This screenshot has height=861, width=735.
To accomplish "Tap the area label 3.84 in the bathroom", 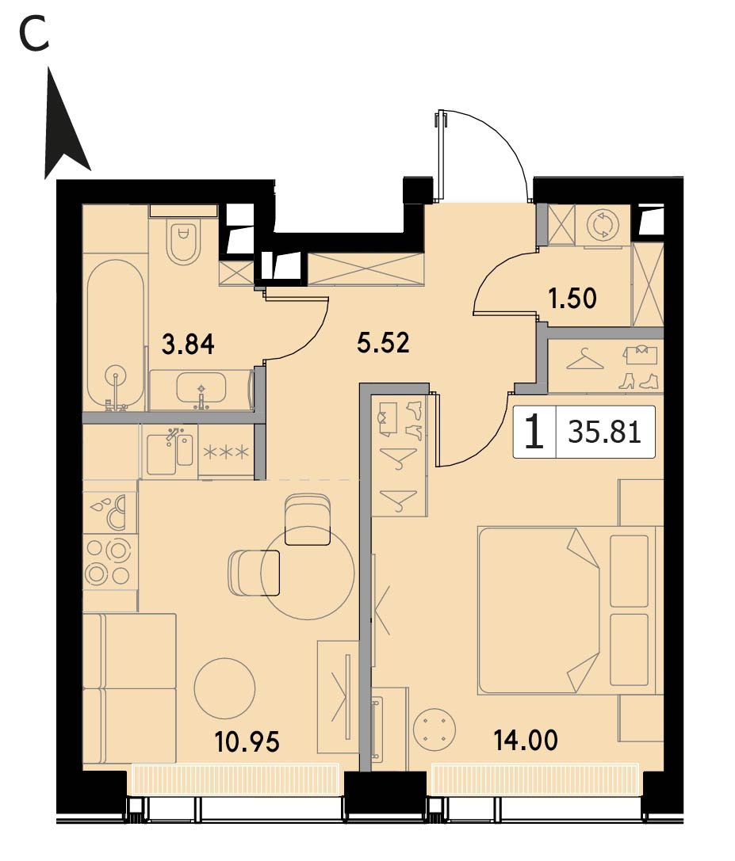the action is [188, 345].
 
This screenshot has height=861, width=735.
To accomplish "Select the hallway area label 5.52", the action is [383, 343].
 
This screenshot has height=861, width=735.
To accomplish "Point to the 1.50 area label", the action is [572, 299].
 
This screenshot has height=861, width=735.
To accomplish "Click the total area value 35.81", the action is [604, 432].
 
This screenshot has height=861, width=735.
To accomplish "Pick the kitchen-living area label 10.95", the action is [247, 742].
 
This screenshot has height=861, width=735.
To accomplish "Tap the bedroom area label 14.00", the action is [526, 740].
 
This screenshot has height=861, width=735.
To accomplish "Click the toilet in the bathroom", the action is [184, 241].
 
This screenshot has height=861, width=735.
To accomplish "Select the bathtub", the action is [115, 335].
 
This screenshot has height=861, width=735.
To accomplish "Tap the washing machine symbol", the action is [603, 225].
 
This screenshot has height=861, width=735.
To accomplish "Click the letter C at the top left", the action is [34, 34].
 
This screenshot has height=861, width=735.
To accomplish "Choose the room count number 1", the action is [534, 432].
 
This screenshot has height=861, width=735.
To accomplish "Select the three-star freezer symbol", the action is [227, 452].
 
